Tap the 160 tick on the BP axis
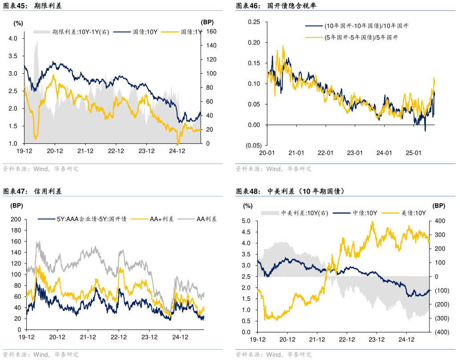(211, 32)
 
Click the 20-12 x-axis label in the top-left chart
(54, 151)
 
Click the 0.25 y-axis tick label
(254, 22)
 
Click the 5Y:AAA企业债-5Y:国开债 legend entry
(91, 219)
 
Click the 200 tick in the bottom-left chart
(16, 219)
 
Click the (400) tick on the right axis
(442, 332)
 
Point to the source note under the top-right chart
(274, 169)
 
